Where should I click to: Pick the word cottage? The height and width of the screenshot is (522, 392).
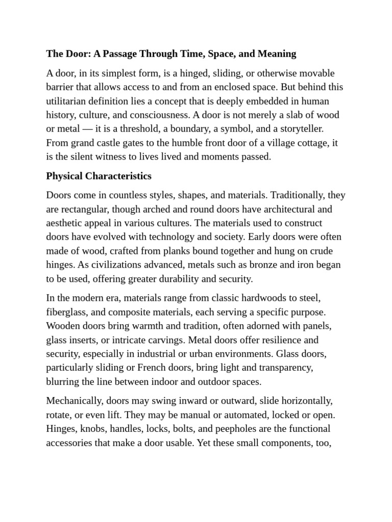(309, 143)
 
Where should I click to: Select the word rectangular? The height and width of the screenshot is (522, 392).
(83, 209)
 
